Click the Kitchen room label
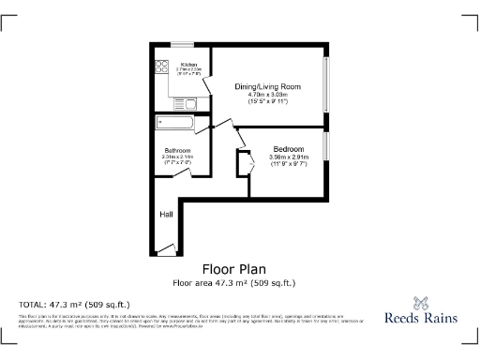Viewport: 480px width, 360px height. [x=174, y=65]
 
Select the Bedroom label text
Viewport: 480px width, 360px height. [x=287, y=150]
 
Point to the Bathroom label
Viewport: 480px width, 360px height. [x=178, y=150]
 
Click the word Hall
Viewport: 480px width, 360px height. [x=166, y=215]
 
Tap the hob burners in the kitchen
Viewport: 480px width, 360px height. [x=158, y=68]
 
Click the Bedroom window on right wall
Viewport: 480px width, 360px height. [x=326, y=145]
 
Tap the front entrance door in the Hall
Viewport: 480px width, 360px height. [x=167, y=248]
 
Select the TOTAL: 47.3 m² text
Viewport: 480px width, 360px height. [x=75, y=304]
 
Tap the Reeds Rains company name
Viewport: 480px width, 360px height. [x=421, y=318]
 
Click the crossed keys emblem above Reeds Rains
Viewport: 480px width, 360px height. [x=421, y=302]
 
